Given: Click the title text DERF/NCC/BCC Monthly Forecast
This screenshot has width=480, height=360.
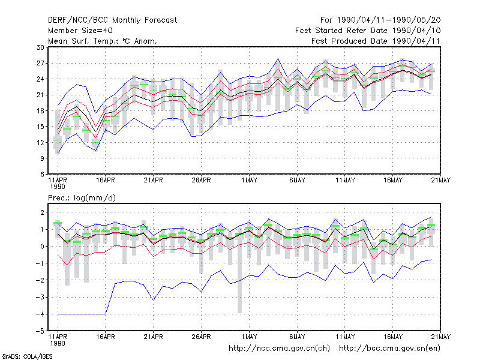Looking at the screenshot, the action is tap(112, 20).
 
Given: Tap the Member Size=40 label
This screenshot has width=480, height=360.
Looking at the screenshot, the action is tap(80, 31).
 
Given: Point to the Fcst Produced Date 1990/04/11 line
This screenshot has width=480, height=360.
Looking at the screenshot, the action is tap(376, 41).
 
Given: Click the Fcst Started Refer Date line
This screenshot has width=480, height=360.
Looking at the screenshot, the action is tap(368, 31).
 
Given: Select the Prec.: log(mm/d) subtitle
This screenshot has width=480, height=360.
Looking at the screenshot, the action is tap(82, 198).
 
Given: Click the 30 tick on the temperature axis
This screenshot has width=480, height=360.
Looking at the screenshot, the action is tap(40, 47).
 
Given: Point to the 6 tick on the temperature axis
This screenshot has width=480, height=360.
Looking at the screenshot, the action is tap(42, 174).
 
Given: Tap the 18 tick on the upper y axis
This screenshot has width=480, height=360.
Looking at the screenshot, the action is tap(40, 111).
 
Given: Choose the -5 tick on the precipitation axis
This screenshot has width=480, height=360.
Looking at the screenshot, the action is tap(40, 331).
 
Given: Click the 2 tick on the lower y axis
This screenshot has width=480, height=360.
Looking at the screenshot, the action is tap(42, 212).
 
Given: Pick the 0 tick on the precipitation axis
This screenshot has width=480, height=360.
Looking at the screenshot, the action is tap(42, 247).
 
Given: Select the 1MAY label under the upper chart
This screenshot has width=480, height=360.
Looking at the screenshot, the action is tap(249, 181).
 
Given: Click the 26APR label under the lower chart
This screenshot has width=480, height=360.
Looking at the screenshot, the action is tap(201, 337).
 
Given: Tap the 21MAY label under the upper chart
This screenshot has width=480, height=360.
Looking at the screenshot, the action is tap(441, 181).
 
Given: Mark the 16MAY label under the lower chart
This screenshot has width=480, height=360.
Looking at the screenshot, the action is tap(393, 337).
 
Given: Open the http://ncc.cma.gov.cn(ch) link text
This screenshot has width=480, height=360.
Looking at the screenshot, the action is tap(279, 349).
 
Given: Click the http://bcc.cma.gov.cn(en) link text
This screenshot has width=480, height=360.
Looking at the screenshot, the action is tap(389, 349).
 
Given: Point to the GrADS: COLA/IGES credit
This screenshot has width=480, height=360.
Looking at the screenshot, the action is tap(28, 356).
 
